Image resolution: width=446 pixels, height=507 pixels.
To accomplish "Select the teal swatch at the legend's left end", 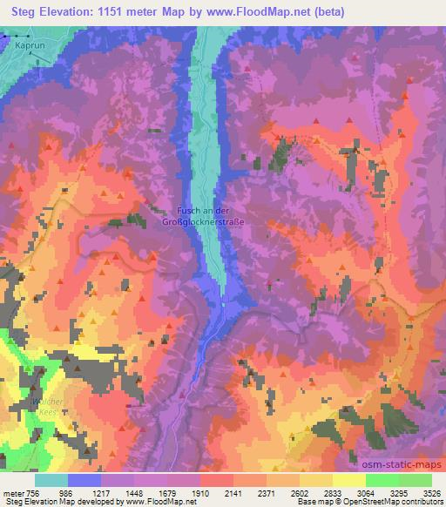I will click(x=51, y=479).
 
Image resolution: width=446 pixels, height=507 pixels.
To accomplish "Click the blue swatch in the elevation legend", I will click(x=84, y=479).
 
